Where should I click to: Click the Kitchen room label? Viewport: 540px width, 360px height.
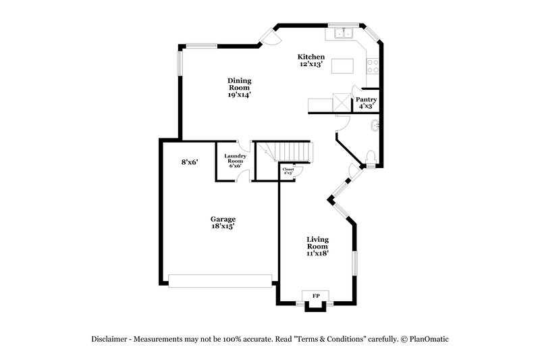(x=312, y=57)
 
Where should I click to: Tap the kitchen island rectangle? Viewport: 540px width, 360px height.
(x=342, y=66)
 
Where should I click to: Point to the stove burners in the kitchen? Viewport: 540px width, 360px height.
(x=372, y=66)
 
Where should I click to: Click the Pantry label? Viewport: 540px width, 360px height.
(x=367, y=99)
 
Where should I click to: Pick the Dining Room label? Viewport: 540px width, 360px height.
(x=239, y=84)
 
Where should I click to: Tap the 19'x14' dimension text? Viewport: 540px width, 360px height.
(x=239, y=95)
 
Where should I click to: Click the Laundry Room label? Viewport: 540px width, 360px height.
(x=234, y=159)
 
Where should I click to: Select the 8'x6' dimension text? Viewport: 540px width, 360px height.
(x=189, y=162)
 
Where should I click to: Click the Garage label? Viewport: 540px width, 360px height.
(x=223, y=219)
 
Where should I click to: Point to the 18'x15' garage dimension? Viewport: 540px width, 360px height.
(x=223, y=227)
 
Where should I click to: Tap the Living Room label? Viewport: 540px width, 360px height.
(x=317, y=243)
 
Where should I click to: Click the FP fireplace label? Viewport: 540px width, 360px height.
(x=315, y=296)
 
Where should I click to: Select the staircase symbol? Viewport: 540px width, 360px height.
(x=292, y=152)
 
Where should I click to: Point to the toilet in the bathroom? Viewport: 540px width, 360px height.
(x=369, y=158)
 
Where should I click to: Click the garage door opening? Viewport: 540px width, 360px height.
(x=220, y=280)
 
